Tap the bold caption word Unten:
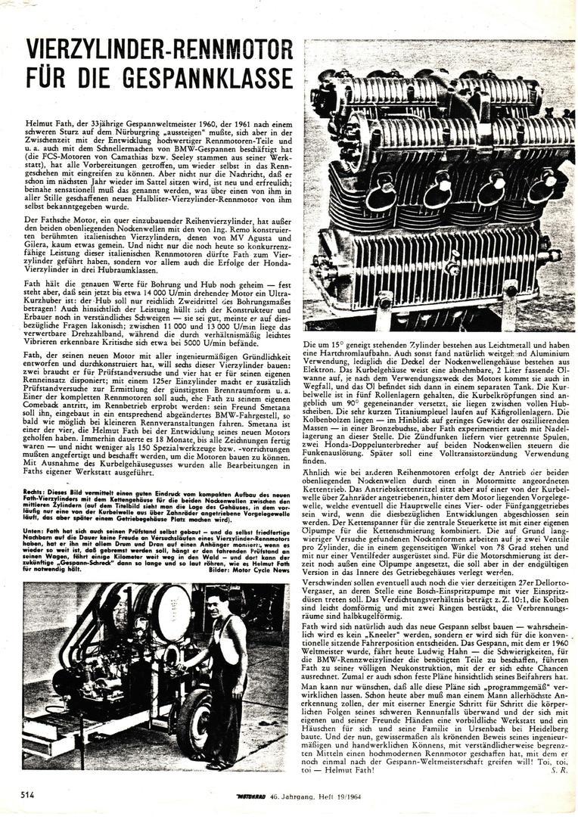pos(36,532)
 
